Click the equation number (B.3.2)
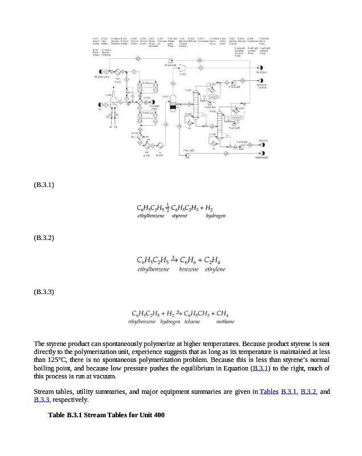(44, 237)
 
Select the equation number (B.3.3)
(44, 292)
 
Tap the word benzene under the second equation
(189, 269)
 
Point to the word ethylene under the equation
(215, 269)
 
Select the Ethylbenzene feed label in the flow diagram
(101, 76)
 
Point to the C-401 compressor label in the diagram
(183, 74)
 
